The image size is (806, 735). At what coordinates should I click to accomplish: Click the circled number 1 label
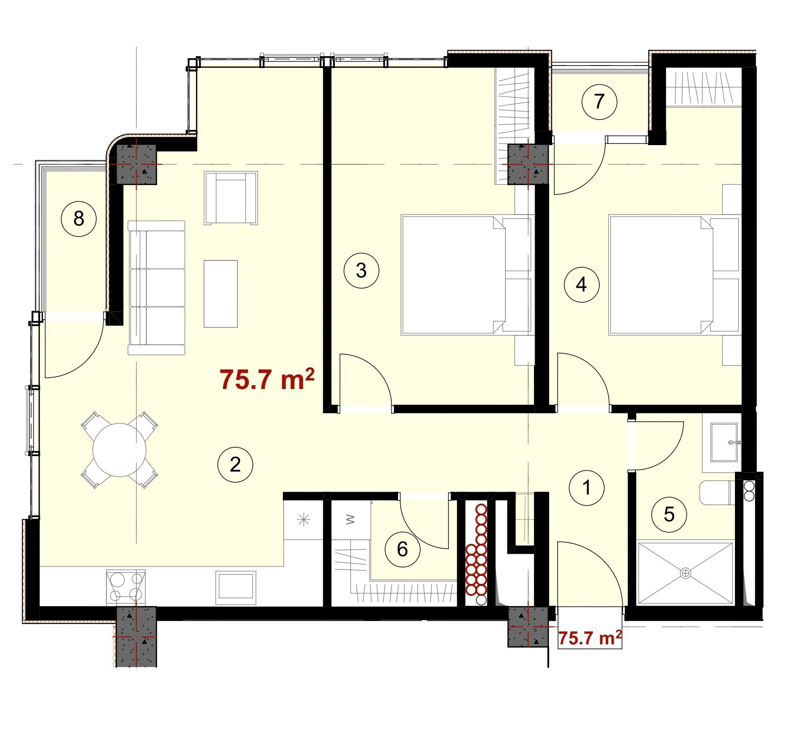(587, 488)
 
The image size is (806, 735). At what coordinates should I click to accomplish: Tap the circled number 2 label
(235, 464)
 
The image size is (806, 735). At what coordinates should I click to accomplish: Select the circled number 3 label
(361, 270)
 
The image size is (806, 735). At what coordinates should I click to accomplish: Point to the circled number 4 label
(581, 284)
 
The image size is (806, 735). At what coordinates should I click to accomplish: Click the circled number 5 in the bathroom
(669, 515)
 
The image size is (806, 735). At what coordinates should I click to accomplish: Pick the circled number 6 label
(402, 549)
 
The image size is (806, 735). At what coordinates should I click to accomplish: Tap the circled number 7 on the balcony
(599, 102)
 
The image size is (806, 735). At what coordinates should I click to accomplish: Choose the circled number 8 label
(79, 219)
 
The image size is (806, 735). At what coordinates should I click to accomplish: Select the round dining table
(120, 450)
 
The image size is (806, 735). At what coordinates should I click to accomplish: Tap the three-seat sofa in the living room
(157, 288)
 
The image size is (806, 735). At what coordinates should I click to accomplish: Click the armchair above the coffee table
(231, 198)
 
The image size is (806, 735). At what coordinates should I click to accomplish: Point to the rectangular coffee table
(221, 294)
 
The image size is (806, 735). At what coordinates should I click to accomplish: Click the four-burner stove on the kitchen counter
(126, 587)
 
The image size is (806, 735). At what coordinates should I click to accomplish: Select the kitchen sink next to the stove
(236, 587)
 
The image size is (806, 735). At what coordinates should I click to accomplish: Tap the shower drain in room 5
(686, 573)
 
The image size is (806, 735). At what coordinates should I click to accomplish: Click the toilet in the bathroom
(717, 493)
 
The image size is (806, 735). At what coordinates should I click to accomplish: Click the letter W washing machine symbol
(350, 519)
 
